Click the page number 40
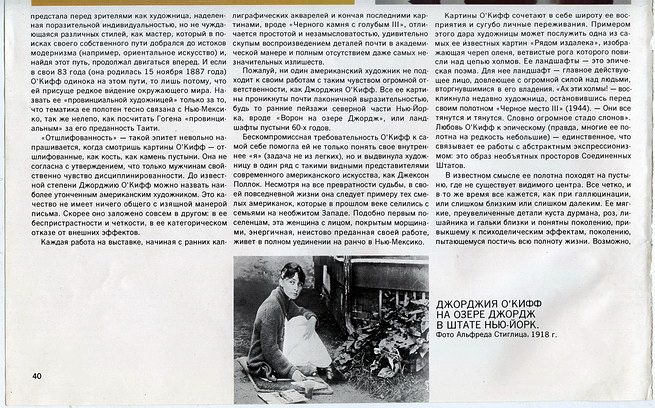[x=37, y=376]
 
